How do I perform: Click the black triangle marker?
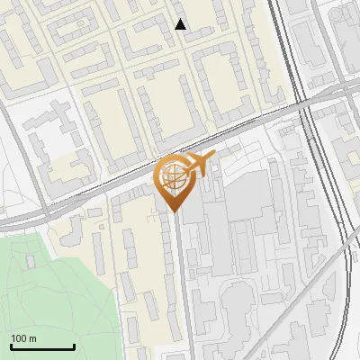[181, 24]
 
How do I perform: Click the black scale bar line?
[42, 346]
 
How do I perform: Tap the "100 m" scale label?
[23, 338]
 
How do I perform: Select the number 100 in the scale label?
[19, 338]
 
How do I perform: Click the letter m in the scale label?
[32, 338]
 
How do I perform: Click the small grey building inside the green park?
[31, 261]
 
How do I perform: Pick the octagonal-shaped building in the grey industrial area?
[236, 297]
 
